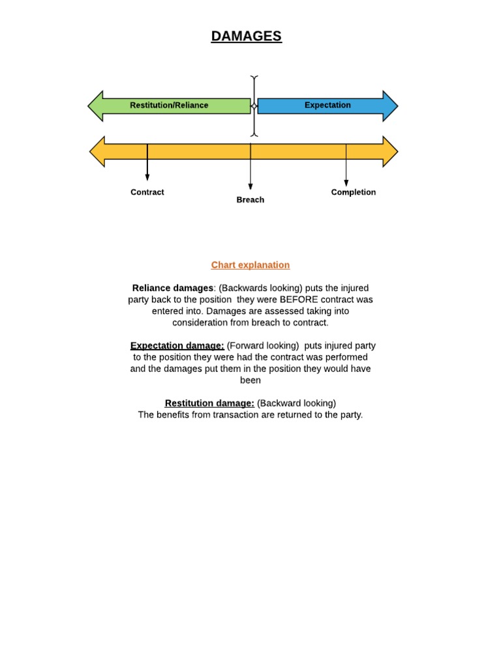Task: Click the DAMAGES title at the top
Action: (x=246, y=36)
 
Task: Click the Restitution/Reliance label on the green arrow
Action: (x=169, y=106)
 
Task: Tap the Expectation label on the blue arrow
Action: (x=327, y=106)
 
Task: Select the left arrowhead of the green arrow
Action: (x=96, y=106)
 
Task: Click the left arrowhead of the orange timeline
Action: (x=97, y=152)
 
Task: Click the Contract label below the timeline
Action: (x=147, y=192)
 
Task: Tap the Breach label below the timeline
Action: (x=250, y=200)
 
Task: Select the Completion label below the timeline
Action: (x=354, y=192)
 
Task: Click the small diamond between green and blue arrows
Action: (x=254, y=106)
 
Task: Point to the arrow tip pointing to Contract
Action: (x=147, y=178)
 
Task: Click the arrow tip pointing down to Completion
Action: (x=346, y=184)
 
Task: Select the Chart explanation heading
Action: (x=250, y=265)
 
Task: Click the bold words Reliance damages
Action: (x=173, y=288)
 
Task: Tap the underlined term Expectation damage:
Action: (x=177, y=345)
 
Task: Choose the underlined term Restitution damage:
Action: (x=209, y=403)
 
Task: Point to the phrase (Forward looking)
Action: (x=263, y=345)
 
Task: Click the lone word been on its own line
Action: (x=250, y=380)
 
